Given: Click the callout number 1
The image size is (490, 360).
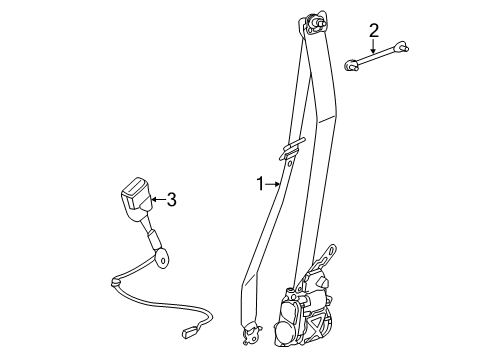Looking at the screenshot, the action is click(x=260, y=184).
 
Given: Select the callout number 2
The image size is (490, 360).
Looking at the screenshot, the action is click(x=374, y=30).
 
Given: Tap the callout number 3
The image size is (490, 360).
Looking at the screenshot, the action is click(x=171, y=199).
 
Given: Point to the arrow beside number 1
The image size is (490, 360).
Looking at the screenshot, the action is click(x=273, y=184).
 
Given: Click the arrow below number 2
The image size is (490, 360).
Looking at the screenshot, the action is click(x=374, y=46).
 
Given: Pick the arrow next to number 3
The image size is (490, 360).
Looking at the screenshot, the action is click(x=158, y=199).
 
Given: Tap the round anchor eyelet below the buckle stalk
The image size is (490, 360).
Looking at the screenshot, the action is click(x=163, y=258).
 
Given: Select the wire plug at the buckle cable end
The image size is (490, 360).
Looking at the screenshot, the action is click(x=189, y=334).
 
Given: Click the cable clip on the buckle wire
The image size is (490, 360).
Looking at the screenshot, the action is click(x=115, y=282).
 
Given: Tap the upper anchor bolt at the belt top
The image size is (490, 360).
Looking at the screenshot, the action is click(x=316, y=24).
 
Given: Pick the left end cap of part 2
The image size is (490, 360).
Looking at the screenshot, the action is click(x=351, y=64).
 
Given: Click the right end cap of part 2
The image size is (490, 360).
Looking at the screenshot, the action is click(x=401, y=46).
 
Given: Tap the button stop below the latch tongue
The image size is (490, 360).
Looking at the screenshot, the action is click(x=289, y=163).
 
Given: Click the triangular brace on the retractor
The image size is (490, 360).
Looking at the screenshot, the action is click(x=317, y=324).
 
